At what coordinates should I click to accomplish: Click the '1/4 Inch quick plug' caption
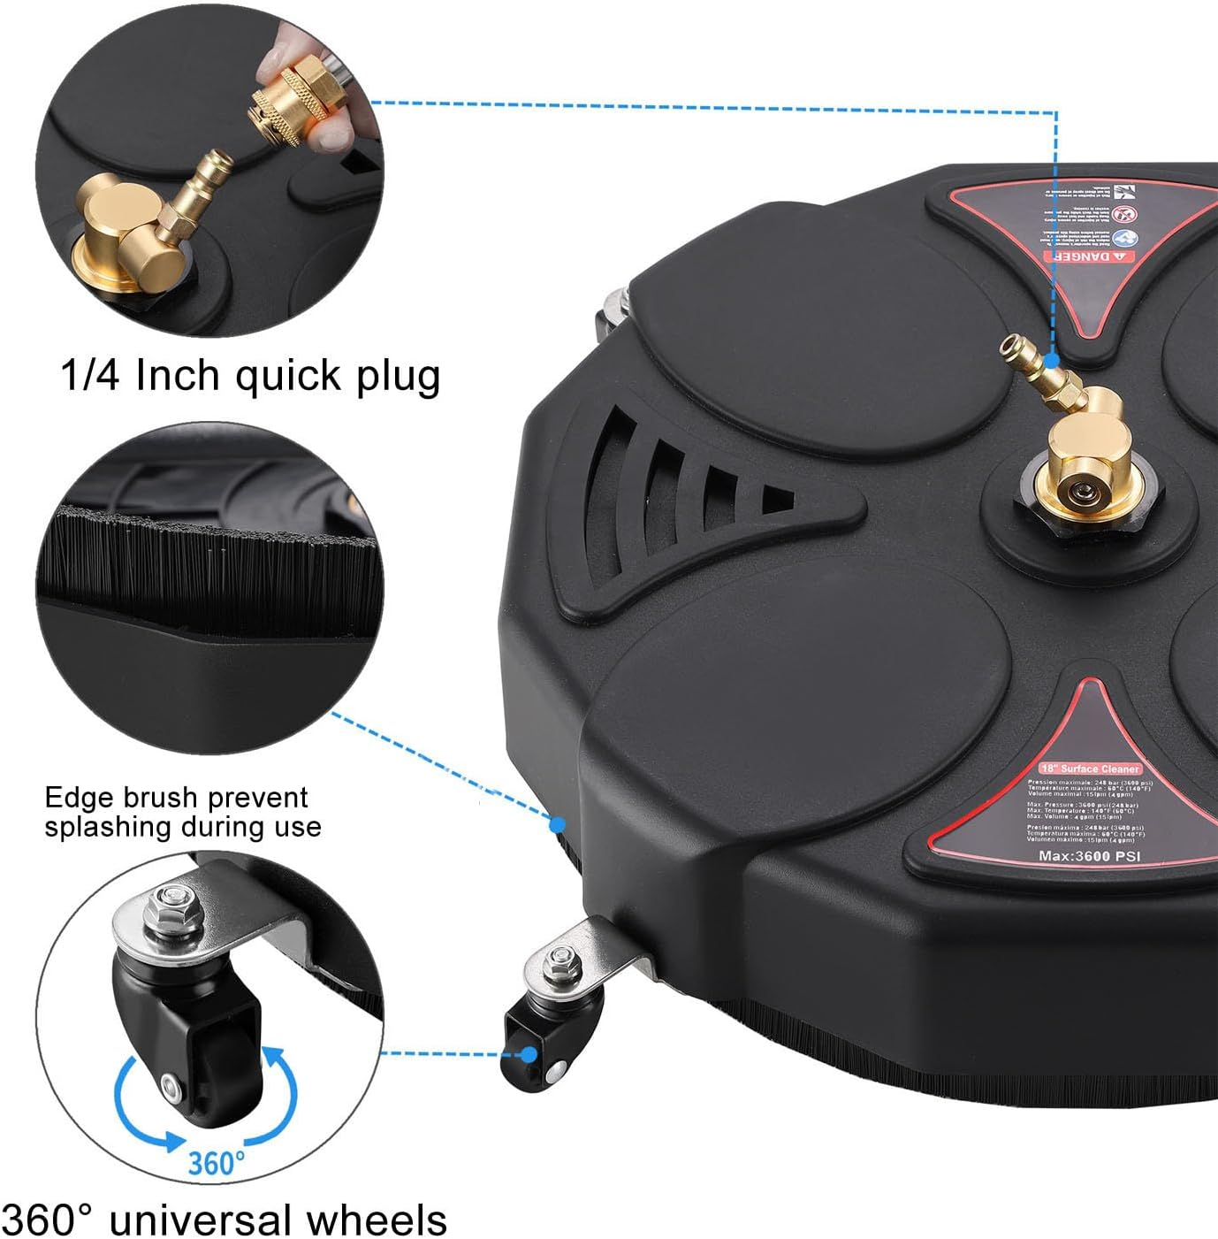250,376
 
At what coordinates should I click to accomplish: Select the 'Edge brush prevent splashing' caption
182,812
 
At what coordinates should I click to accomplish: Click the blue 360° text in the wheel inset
216,1161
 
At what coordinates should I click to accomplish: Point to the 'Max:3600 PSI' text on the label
1089,855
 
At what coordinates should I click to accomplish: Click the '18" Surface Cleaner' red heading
1090,769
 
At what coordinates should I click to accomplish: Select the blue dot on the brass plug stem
1051,360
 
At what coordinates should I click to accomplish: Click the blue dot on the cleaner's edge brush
558,824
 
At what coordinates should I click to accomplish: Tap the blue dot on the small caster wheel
529,1054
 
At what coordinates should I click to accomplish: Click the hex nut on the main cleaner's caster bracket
559,959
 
